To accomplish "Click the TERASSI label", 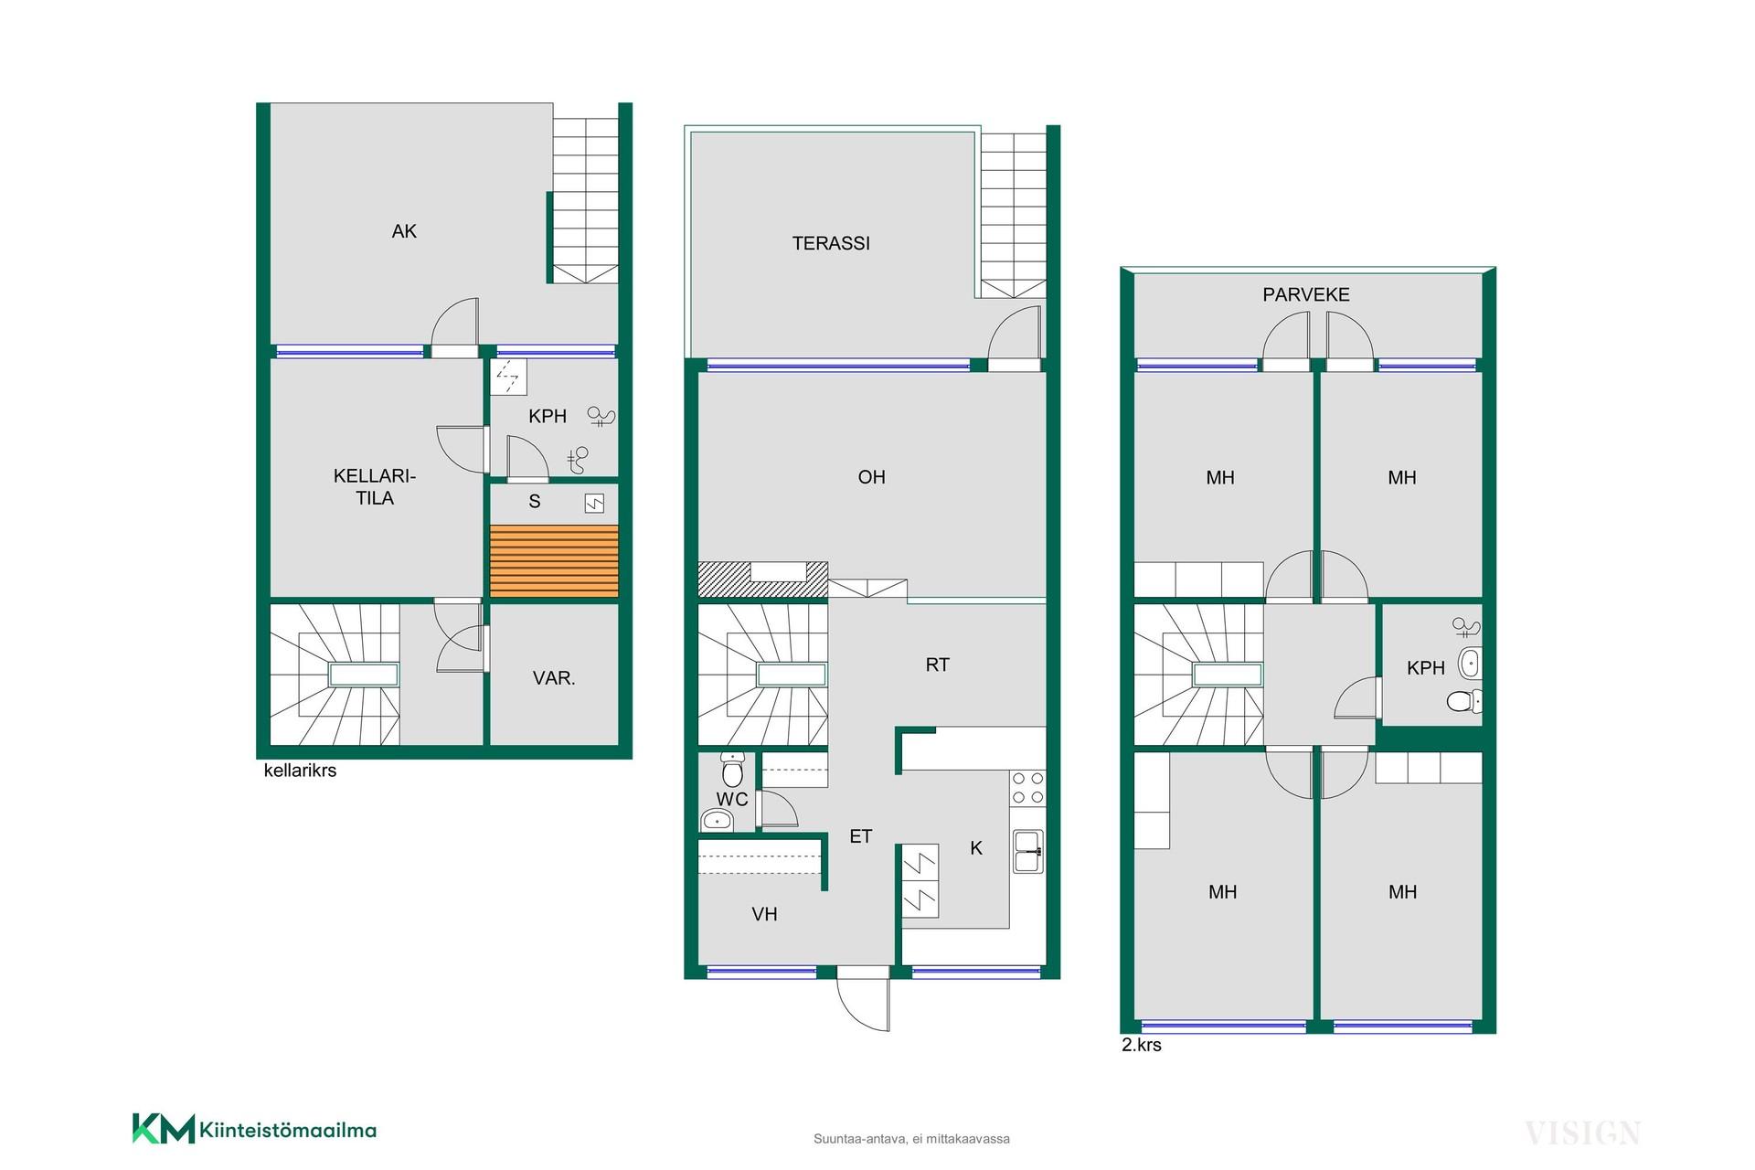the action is tap(831, 243).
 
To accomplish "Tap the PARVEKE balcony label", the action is tap(1306, 294).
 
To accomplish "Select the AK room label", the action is tap(404, 231).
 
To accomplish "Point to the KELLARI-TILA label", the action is tap(375, 487).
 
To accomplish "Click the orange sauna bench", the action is tap(554, 561).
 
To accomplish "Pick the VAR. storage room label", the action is tap(554, 678).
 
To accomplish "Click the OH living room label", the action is tap(872, 477).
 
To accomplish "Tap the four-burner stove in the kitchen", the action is tap(1027, 788).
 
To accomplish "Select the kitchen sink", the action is tap(1028, 851).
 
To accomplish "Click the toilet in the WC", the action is tap(733, 771).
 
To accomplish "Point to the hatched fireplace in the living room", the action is tap(762, 580).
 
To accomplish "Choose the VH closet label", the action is tap(764, 914).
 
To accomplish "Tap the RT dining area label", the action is tap(938, 665).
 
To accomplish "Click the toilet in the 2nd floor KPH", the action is tap(1464, 701).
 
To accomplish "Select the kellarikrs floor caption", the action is tap(300, 771).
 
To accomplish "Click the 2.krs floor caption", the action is tap(1142, 1045).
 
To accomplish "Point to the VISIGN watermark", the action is tap(1582, 1133).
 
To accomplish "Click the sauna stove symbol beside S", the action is tap(594, 504).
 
